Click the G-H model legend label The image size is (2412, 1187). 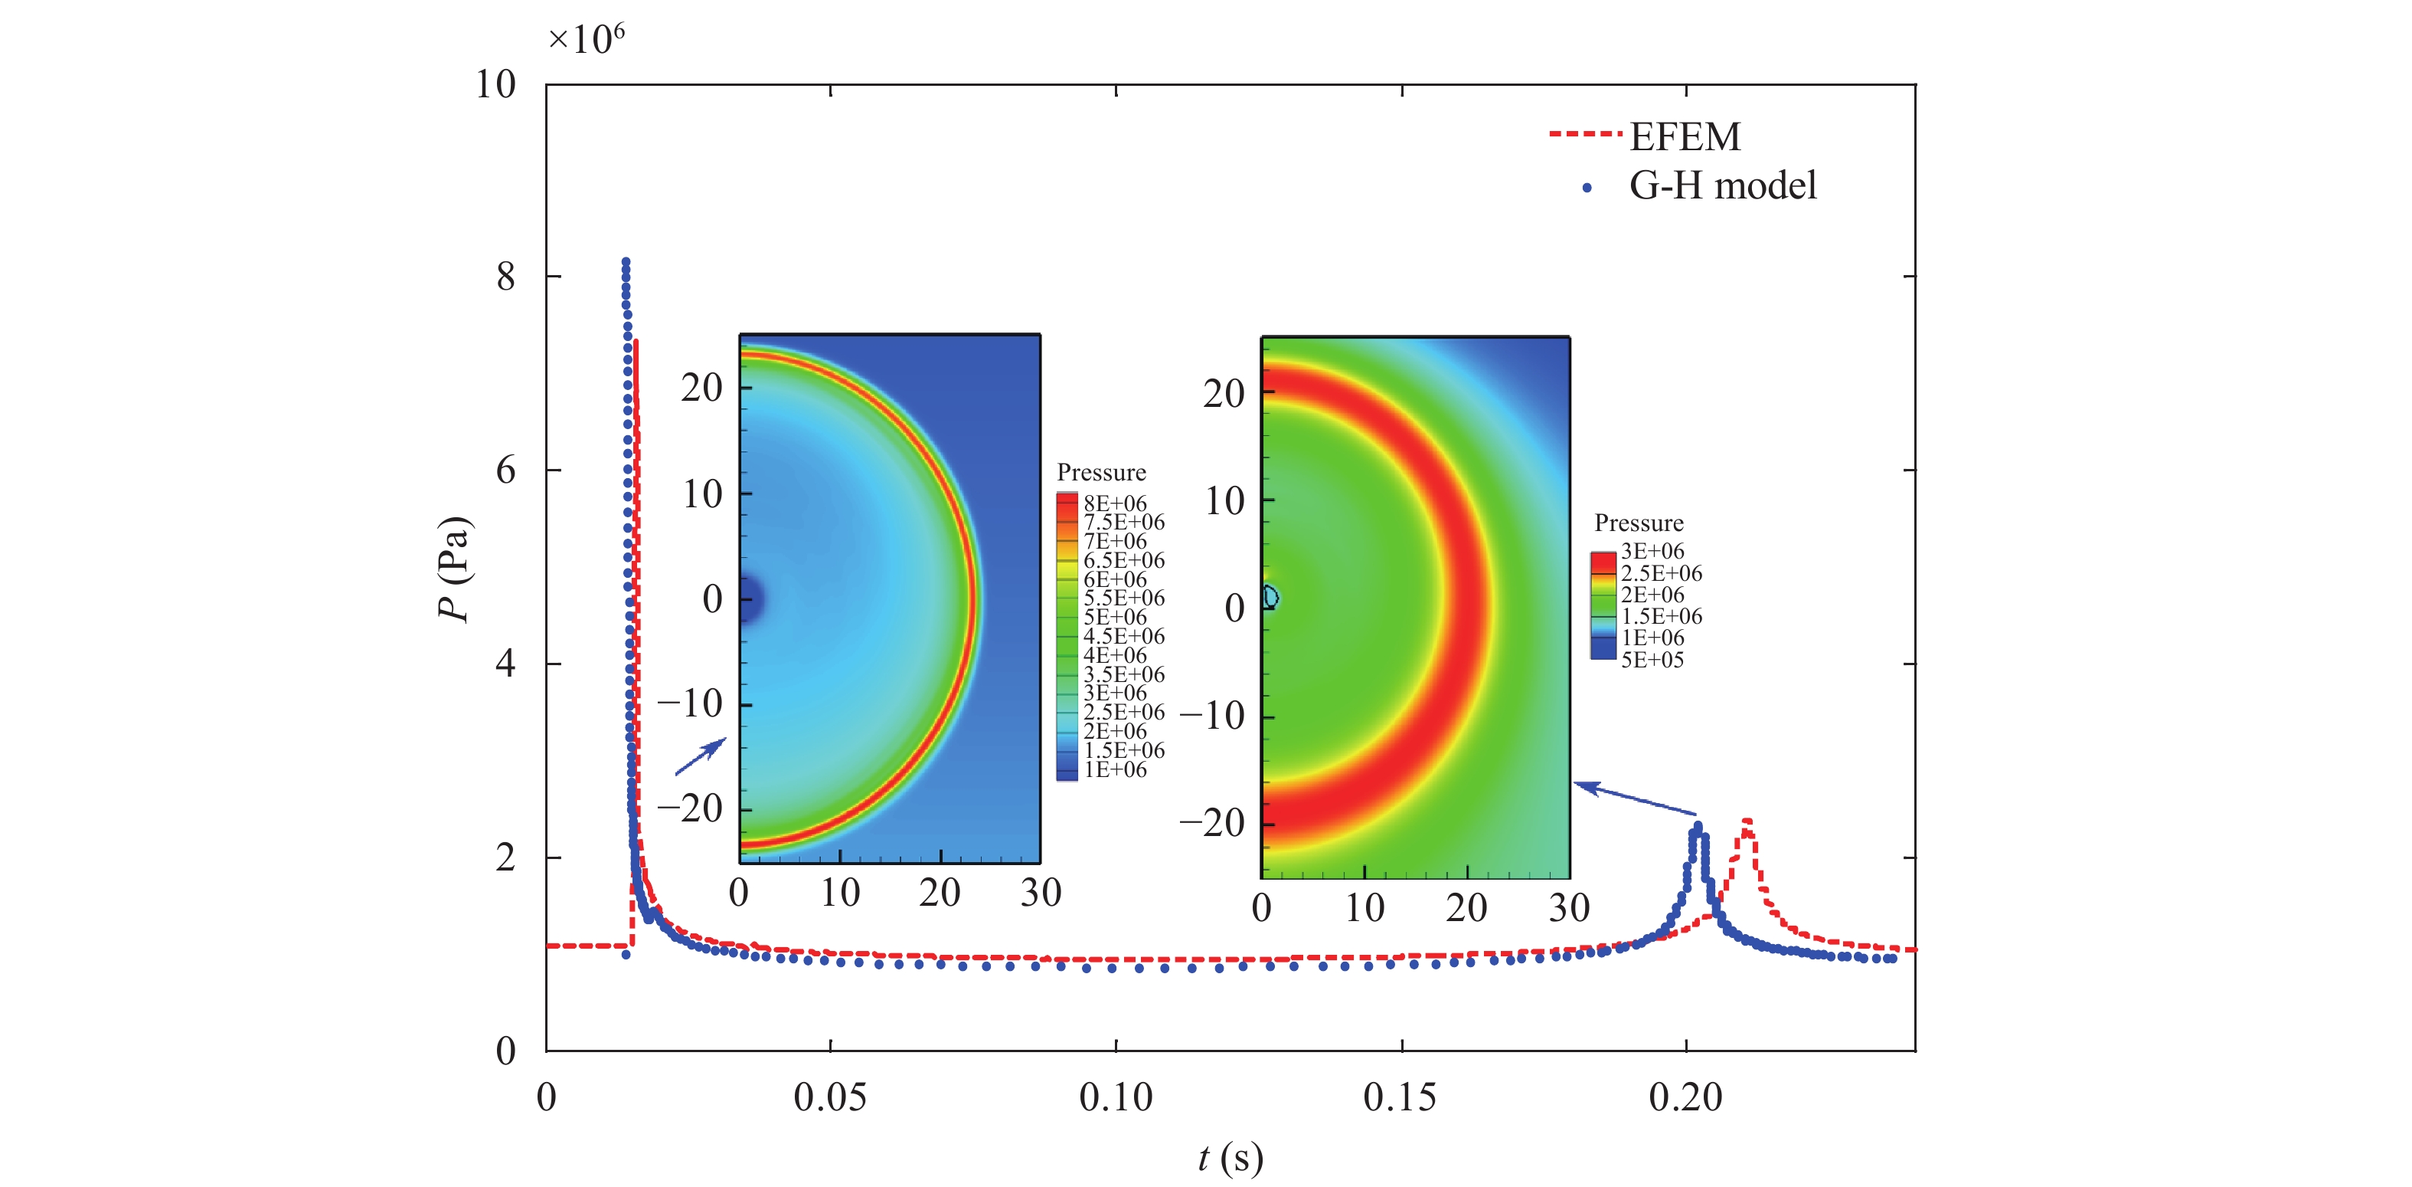pos(1722,185)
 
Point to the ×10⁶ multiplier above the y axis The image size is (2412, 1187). pos(586,39)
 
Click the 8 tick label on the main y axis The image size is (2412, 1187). pos(505,277)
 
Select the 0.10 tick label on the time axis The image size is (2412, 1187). pos(1115,1097)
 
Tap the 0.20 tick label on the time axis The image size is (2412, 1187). pos(1685,1097)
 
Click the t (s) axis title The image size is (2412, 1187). pos(1231,1159)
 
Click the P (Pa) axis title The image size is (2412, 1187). pos(455,568)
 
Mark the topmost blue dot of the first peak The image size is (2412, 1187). pos(626,262)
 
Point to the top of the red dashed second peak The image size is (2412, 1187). pos(1747,821)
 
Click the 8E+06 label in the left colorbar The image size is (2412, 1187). pos(1114,503)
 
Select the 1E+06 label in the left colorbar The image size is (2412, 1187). pos(1114,770)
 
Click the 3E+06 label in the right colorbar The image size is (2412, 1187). pos(1652,551)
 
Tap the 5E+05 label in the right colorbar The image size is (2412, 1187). pos(1652,660)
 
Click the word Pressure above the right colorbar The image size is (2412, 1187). pos(1639,523)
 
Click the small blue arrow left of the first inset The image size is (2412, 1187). pos(701,757)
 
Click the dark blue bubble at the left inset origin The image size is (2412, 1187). pos(750,598)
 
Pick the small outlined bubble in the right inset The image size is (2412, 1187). pos(1270,597)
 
